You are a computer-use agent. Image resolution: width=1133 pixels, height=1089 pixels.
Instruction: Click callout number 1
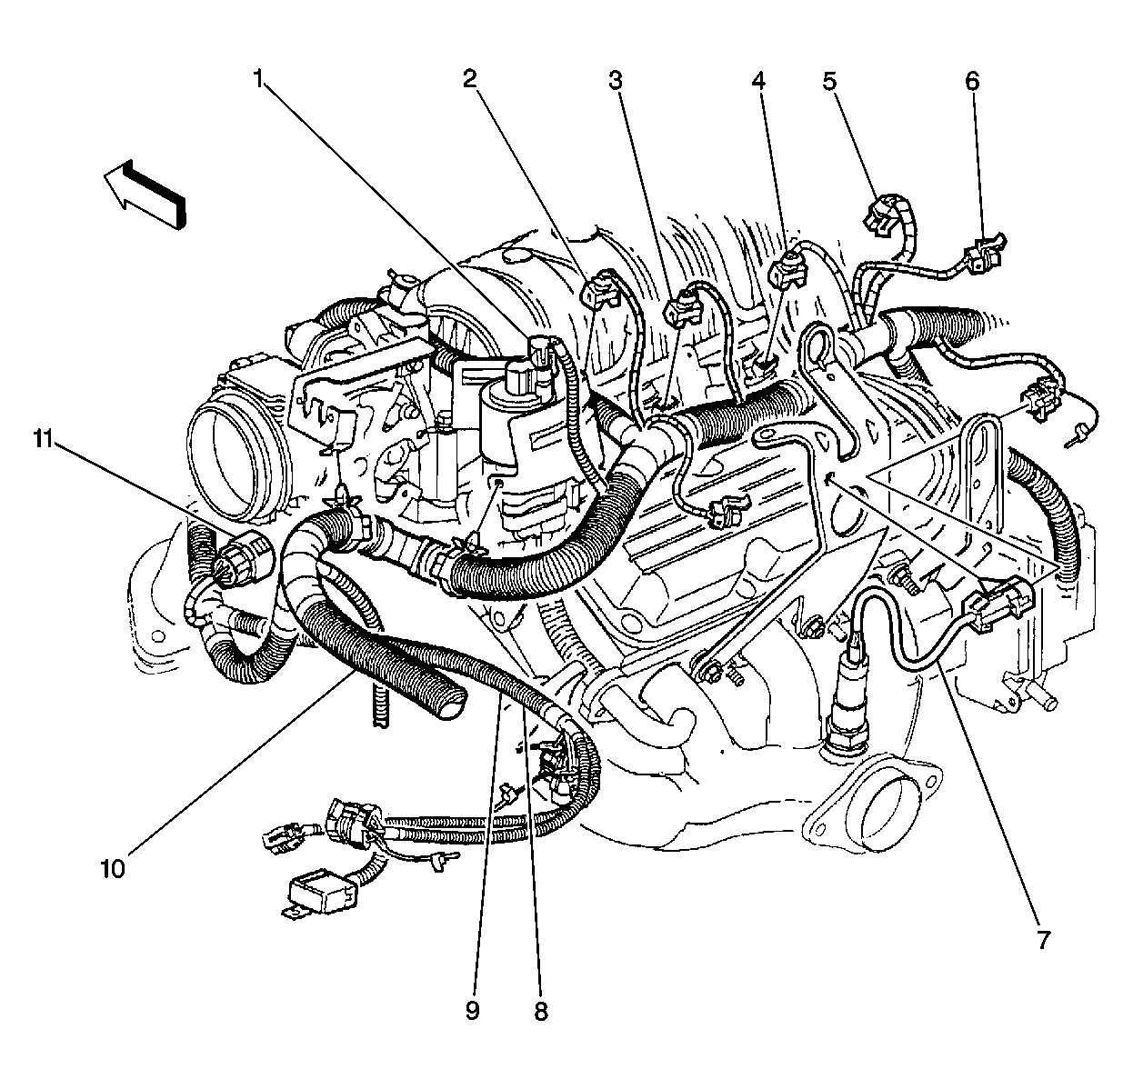pos(259,81)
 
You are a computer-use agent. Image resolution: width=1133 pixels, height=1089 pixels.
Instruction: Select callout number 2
pos(470,81)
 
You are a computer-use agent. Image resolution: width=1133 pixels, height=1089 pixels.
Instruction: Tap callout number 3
pos(616,81)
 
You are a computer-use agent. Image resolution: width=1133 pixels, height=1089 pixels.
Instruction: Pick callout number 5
pos(829,81)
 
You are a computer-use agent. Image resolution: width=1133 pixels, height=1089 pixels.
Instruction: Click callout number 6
pos(972,81)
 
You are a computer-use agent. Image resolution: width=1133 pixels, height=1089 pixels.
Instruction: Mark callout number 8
pos(541,1010)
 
